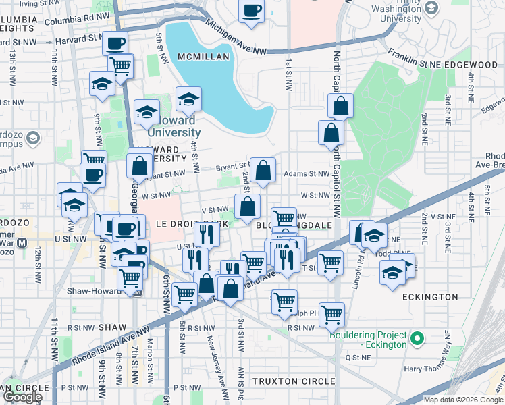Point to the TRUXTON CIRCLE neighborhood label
293,381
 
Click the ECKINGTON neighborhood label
429,297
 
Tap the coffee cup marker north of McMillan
251,11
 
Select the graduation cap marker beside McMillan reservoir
188,101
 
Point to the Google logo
22,397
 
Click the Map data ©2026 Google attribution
462,400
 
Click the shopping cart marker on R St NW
331,314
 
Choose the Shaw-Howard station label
93,291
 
